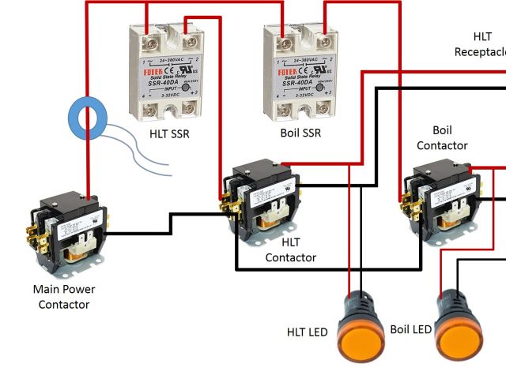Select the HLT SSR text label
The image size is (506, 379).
169,133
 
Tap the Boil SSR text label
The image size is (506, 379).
301,133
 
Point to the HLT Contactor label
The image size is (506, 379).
290,250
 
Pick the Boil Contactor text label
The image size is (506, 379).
442,137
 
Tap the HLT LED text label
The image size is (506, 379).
307,332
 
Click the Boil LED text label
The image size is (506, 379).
411,328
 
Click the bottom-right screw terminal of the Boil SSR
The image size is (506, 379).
323,106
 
